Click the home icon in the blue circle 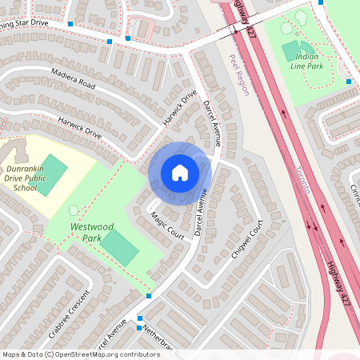point(180,173)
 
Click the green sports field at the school point(52,175)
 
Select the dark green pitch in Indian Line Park point(290,52)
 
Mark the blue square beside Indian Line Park point(349,81)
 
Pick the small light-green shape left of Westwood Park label point(74,210)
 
